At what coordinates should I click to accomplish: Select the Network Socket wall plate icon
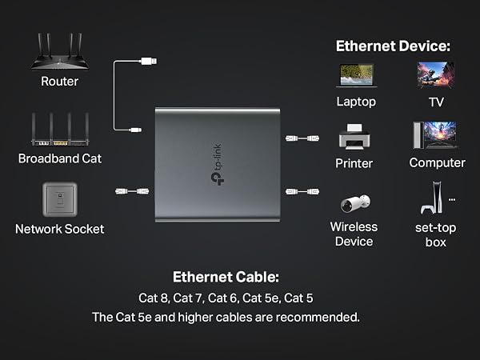click(60, 199)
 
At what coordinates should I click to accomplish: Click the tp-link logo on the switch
click(218, 165)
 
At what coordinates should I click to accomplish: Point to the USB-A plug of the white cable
click(149, 61)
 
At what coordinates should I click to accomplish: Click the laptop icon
click(357, 76)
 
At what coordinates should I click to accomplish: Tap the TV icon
click(436, 75)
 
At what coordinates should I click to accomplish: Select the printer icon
click(354, 137)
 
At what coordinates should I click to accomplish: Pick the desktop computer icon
click(435, 135)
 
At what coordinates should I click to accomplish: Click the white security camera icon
click(355, 203)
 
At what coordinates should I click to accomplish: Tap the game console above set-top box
click(432, 198)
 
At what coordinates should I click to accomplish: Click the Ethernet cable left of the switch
click(132, 191)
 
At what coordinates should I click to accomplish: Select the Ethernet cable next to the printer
click(302, 138)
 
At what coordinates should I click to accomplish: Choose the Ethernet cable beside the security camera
click(302, 192)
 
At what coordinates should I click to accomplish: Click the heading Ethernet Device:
click(393, 46)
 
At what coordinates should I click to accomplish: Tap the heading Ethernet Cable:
click(226, 277)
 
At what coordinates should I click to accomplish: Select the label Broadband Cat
click(60, 158)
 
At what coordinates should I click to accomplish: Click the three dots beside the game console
click(452, 200)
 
